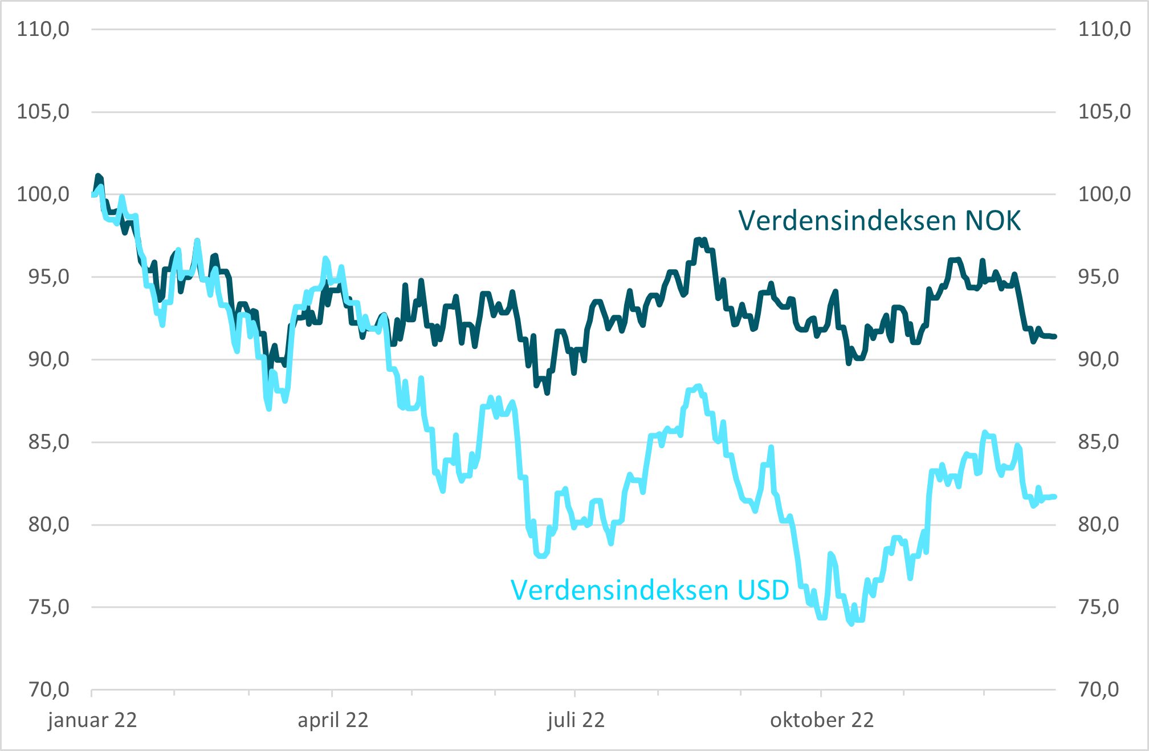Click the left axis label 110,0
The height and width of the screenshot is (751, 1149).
(43, 29)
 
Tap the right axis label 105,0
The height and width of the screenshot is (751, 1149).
(1104, 112)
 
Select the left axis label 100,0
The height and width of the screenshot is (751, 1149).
(43, 194)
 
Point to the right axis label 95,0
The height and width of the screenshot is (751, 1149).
(1104, 277)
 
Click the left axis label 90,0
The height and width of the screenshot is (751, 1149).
(48, 360)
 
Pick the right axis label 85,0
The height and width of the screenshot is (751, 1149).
(1104, 442)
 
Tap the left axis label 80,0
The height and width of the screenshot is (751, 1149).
(48, 525)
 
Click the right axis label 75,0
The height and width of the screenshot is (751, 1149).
(1104, 607)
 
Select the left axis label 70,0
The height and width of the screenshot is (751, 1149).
(48, 690)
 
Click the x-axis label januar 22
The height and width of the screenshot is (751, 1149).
(92, 720)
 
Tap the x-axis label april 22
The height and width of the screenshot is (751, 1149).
(333, 720)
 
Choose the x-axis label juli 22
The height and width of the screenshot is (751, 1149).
(576, 720)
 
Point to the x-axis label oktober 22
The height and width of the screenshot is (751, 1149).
(822, 720)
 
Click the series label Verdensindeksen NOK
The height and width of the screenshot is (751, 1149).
(879, 221)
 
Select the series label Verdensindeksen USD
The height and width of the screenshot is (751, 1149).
(650, 590)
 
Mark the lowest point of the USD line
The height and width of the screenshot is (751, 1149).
(851, 624)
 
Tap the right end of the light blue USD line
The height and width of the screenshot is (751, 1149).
(1055, 497)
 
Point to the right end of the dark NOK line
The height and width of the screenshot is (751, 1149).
(1055, 336)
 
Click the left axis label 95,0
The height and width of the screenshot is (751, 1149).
(48, 277)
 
